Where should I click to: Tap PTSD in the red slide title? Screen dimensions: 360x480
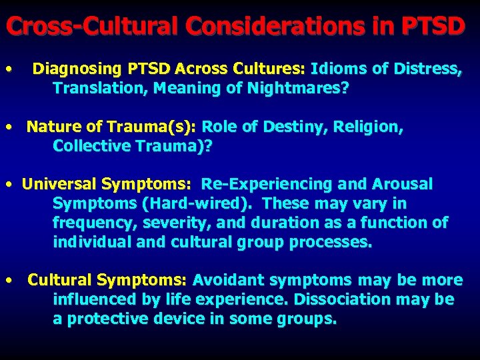[433, 26]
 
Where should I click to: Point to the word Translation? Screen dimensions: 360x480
[100, 88]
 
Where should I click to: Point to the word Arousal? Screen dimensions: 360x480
[406, 184]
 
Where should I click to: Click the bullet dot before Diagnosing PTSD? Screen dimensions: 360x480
[7, 69]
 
